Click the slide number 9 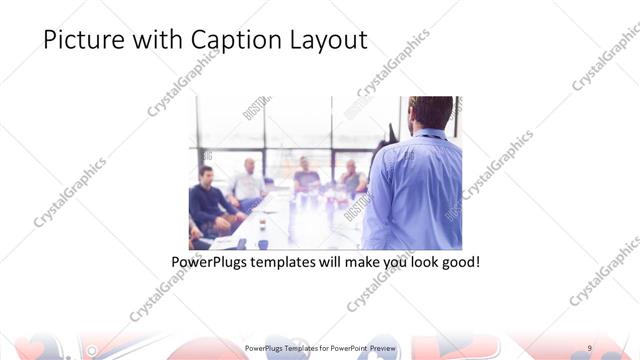590,347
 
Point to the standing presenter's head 429,115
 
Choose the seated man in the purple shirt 306,178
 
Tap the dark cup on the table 261,242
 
